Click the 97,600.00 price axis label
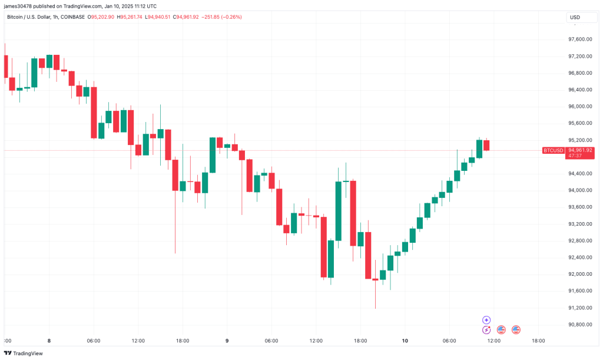(x=579, y=39)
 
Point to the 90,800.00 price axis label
(x=579, y=325)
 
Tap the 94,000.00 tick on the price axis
(x=579, y=190)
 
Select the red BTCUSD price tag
(x=552, y=150)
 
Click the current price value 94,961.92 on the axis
(x=579, y=150)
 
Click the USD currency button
(x=575, y=17)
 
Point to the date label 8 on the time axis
(x=49, y=341)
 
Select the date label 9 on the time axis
(x=227, y=341)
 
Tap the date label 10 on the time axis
(x=405, y=341)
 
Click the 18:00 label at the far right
(x=538, y=341)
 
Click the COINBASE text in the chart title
(x=71, y=17)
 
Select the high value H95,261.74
(x=134, y=17)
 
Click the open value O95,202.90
(x=101, y=17)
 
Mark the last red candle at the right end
(x=486, y=146)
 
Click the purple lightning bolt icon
(x=486, y=330)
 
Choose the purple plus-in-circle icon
(x=486, y=320)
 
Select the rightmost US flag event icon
(x=516, y=330)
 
